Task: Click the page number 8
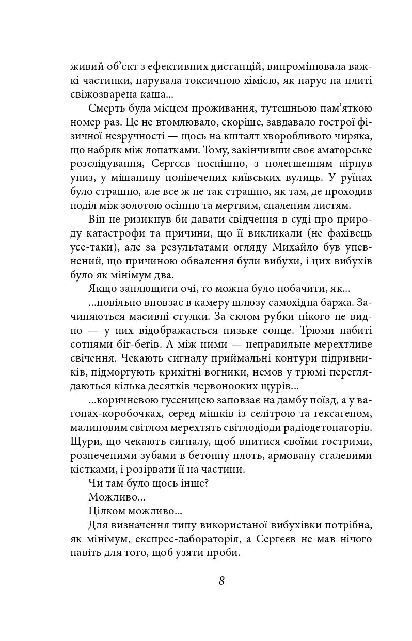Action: [221, 580]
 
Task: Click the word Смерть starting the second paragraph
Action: [106, 109]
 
